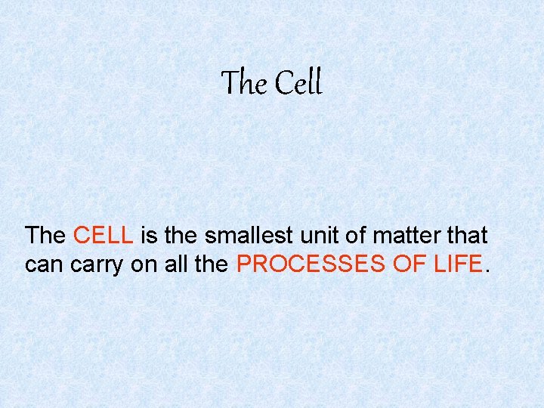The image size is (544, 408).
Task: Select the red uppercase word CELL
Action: pos(104,236)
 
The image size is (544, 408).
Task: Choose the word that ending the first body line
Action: pos(467,236)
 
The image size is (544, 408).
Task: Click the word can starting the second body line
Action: pos(42,264)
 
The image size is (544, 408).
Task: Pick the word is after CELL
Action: pos(149,236)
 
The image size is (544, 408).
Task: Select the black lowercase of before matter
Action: pos(351,236)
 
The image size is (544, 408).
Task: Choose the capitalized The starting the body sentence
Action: pos(45,236)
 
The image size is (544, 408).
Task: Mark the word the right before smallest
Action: pos(180,236)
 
